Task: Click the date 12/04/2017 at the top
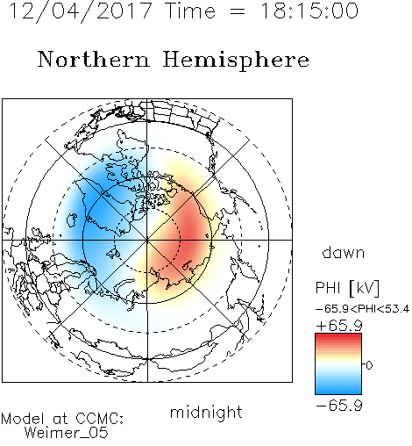[81, 11]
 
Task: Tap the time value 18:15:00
[309, 11]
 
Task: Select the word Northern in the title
[94, 59]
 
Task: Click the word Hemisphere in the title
[236, 61]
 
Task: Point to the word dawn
[344, 252]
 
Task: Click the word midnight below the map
[206, 413]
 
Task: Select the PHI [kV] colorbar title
[347, 288]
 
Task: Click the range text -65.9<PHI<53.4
[362, 309]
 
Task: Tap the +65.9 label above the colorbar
[339, 326]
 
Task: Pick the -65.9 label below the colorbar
[339, 406]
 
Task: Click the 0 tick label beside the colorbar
[369, 365]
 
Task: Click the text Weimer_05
[67, 432]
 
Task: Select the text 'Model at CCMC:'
[62, 419]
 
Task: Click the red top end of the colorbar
[338, 335]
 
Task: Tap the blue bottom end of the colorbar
[338, 392]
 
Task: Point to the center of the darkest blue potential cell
[94, 205]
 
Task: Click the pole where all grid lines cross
[147, 240]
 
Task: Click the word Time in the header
[190, 11]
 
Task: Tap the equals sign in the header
[238, 11]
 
